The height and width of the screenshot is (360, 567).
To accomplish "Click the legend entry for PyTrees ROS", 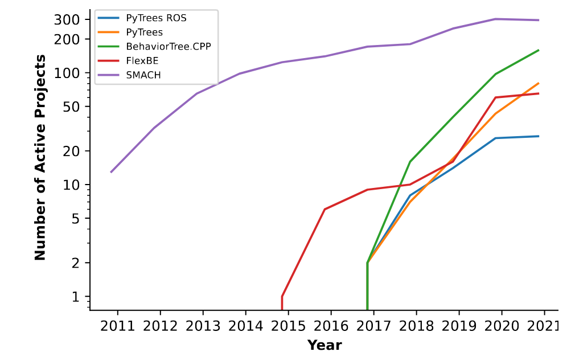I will pos(156,18).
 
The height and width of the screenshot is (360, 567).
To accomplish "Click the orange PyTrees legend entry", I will pos(144,32).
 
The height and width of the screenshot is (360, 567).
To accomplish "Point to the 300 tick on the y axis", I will pos(69,20).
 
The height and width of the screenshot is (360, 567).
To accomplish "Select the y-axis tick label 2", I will pos(77,263).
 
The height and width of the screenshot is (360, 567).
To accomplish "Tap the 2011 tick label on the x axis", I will pos(118,326).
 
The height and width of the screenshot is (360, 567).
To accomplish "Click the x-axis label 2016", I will pos(331,326).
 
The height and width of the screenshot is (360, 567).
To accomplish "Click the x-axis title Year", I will pos(324,345).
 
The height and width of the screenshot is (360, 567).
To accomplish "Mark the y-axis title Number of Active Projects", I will pos(40,157).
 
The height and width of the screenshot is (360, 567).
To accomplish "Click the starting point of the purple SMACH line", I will pos(111,172).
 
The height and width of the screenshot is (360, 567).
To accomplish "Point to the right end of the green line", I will pos(539,50).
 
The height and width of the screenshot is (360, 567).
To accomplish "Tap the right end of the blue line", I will pos(539,136).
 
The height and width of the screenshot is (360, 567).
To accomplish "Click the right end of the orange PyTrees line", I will pos(539,83).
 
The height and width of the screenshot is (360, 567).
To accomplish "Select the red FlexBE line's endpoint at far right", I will pos(539,93).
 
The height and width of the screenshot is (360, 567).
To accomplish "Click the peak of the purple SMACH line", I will pos(495,19).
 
